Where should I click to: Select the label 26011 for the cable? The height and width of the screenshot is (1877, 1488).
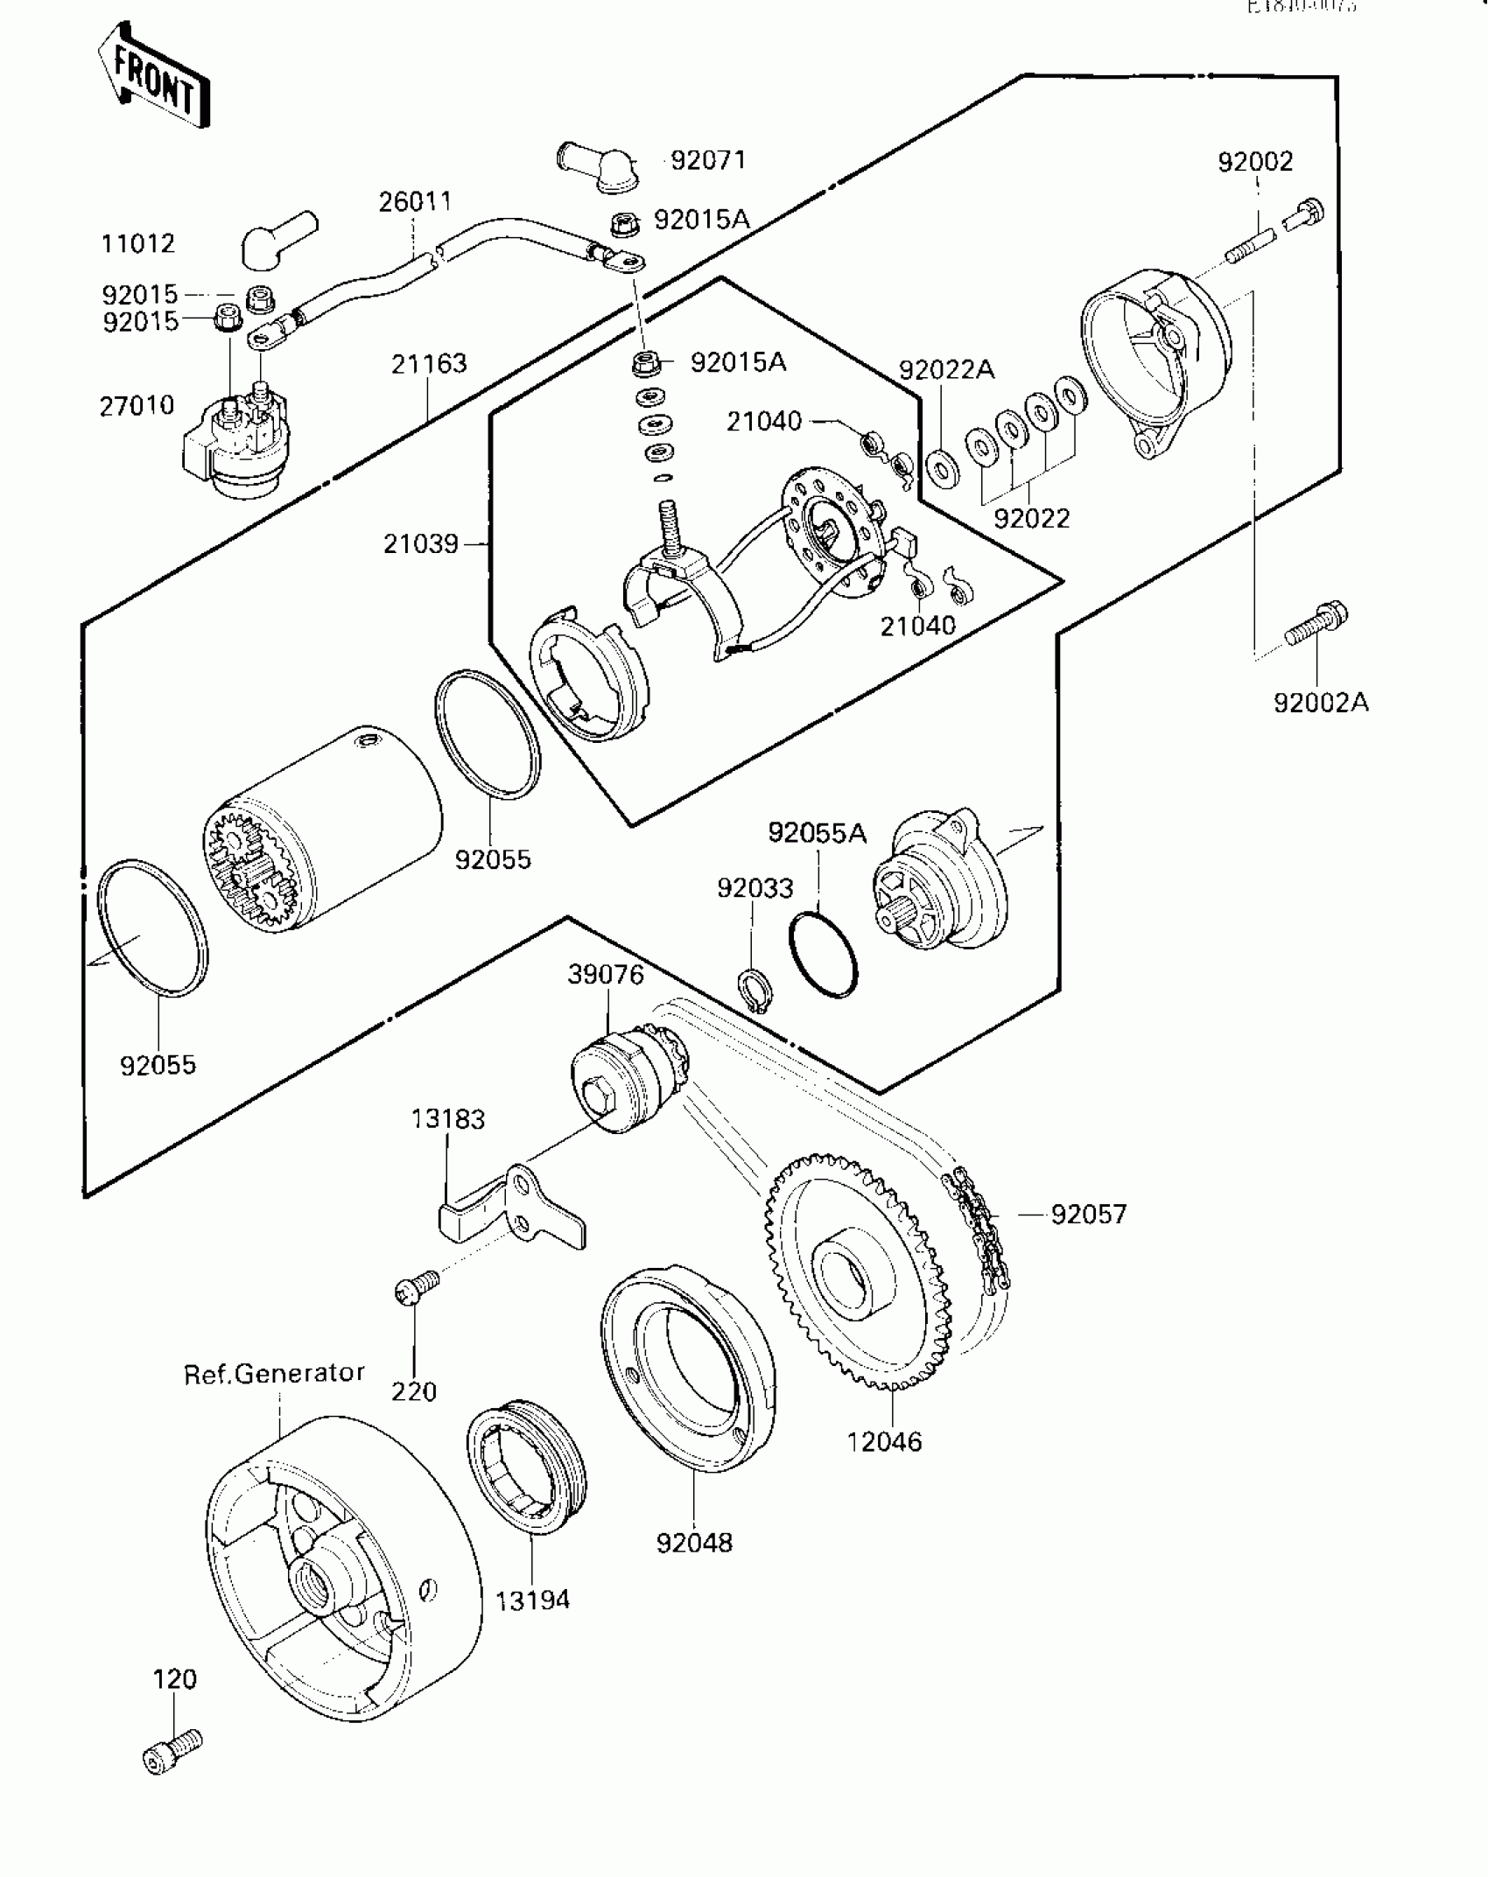pyautogui.click(x=416, y=201)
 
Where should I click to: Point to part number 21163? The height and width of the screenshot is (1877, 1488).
pyautogui.click(x=429, y=363)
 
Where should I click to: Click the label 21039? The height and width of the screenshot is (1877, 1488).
pyautogui.click(x=421, y=544)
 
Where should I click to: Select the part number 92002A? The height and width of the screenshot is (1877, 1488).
pyautogui.click(x=1321, y=702)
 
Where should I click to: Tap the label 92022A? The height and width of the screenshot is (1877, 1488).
pyautogui.click(x=946, y=370)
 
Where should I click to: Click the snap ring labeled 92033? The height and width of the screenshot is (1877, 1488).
pyautogui.click(x=752, y=990)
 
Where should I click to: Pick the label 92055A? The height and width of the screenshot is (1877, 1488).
pyautogui.click(x=818, y=833)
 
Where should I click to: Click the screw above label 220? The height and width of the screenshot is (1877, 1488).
pyautogui.click(x=417, y=1285)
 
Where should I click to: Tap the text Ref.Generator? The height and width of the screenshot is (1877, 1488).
pyautogui.click(x=274, y=1373)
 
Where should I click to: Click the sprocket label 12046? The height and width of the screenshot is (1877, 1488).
pyautogui.click(x=884, y=1441)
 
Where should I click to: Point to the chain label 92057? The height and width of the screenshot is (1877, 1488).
pyautogui.click(x=1089, y=1214)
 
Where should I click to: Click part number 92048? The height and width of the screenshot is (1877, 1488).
pyautogui.click(x=694, y=1542)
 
